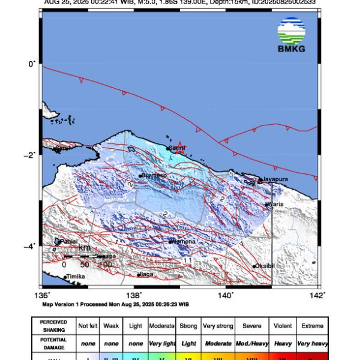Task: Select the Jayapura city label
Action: tap(275, 179)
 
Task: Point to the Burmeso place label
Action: tap(154, 176)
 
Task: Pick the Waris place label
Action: tap(275, 204)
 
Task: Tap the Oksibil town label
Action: tap(265, 266)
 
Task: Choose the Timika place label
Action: tap(76, 277)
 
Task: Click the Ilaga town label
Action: tap(147, 274)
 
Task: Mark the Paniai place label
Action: tap(69, 241)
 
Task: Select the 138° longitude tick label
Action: tap(134, 295)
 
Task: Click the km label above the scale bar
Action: tap(85, 248)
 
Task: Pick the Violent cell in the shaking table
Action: tap(281, 326)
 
